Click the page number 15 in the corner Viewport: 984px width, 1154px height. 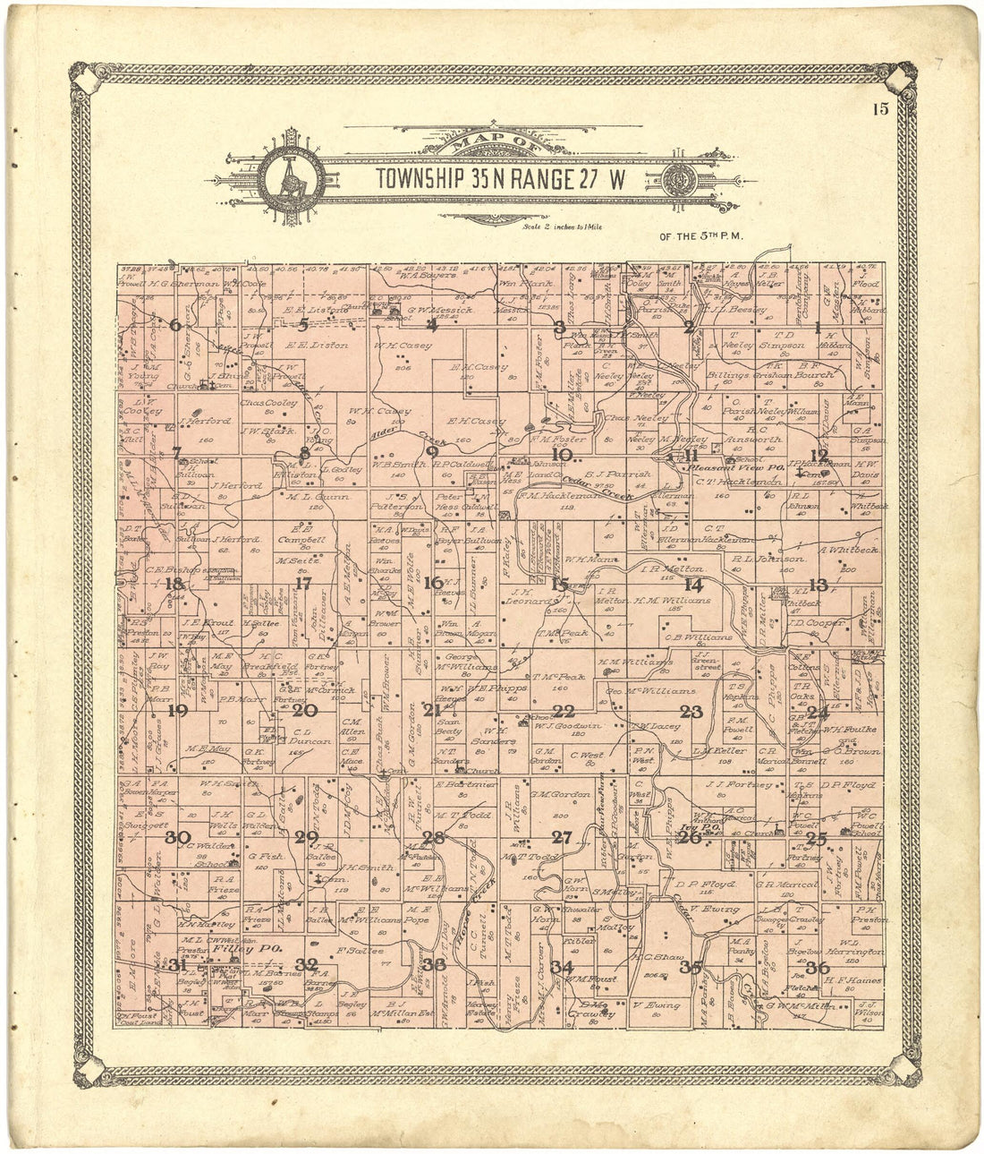pos(881,110)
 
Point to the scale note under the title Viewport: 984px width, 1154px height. pos(561,227)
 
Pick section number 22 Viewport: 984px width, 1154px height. pos(564,712)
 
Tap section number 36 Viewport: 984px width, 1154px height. pos(817,967)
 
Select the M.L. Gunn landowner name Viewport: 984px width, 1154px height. pos(309,494)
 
